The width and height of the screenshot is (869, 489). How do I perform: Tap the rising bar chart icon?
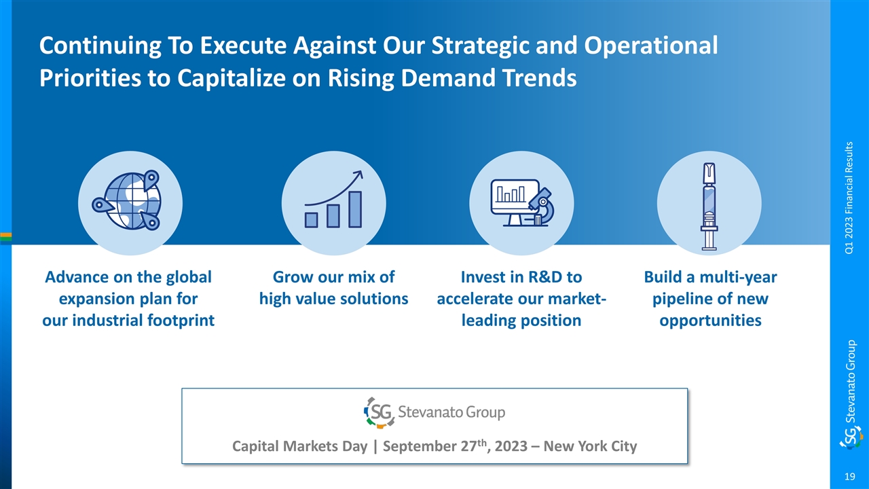tap(333, 199)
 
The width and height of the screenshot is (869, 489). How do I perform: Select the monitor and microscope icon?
tap(522, 202)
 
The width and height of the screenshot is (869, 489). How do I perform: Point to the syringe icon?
tap(709, 206)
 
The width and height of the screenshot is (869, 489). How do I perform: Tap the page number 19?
tap(849, 477)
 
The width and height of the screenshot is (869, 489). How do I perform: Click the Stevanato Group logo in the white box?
tap(434, 412)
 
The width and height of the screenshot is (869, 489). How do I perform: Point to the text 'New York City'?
tap(590, 446)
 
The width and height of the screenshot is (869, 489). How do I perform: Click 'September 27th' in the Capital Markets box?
tap(434, 446)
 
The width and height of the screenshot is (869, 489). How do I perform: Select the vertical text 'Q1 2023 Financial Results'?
tap(849, 198)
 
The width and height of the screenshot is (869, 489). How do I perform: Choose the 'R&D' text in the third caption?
tap(542, 277)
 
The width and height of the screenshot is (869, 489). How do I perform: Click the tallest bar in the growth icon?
tap(355, 209)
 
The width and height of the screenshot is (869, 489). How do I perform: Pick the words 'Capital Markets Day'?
tap(299, 446)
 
